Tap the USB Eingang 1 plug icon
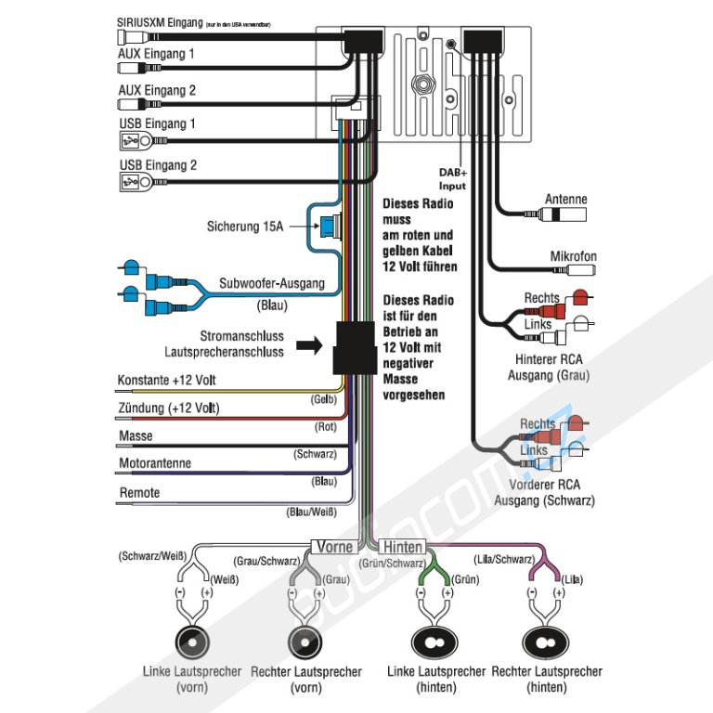coord(131,140)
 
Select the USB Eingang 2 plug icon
coord(131,182)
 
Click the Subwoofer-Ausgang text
coord(272,283)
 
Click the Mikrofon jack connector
coord(576,271)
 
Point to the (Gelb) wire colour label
coord(322,399)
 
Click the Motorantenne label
coord(154,463)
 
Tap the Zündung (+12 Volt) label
coord(169,408)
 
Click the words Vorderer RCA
coord(546,485)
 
